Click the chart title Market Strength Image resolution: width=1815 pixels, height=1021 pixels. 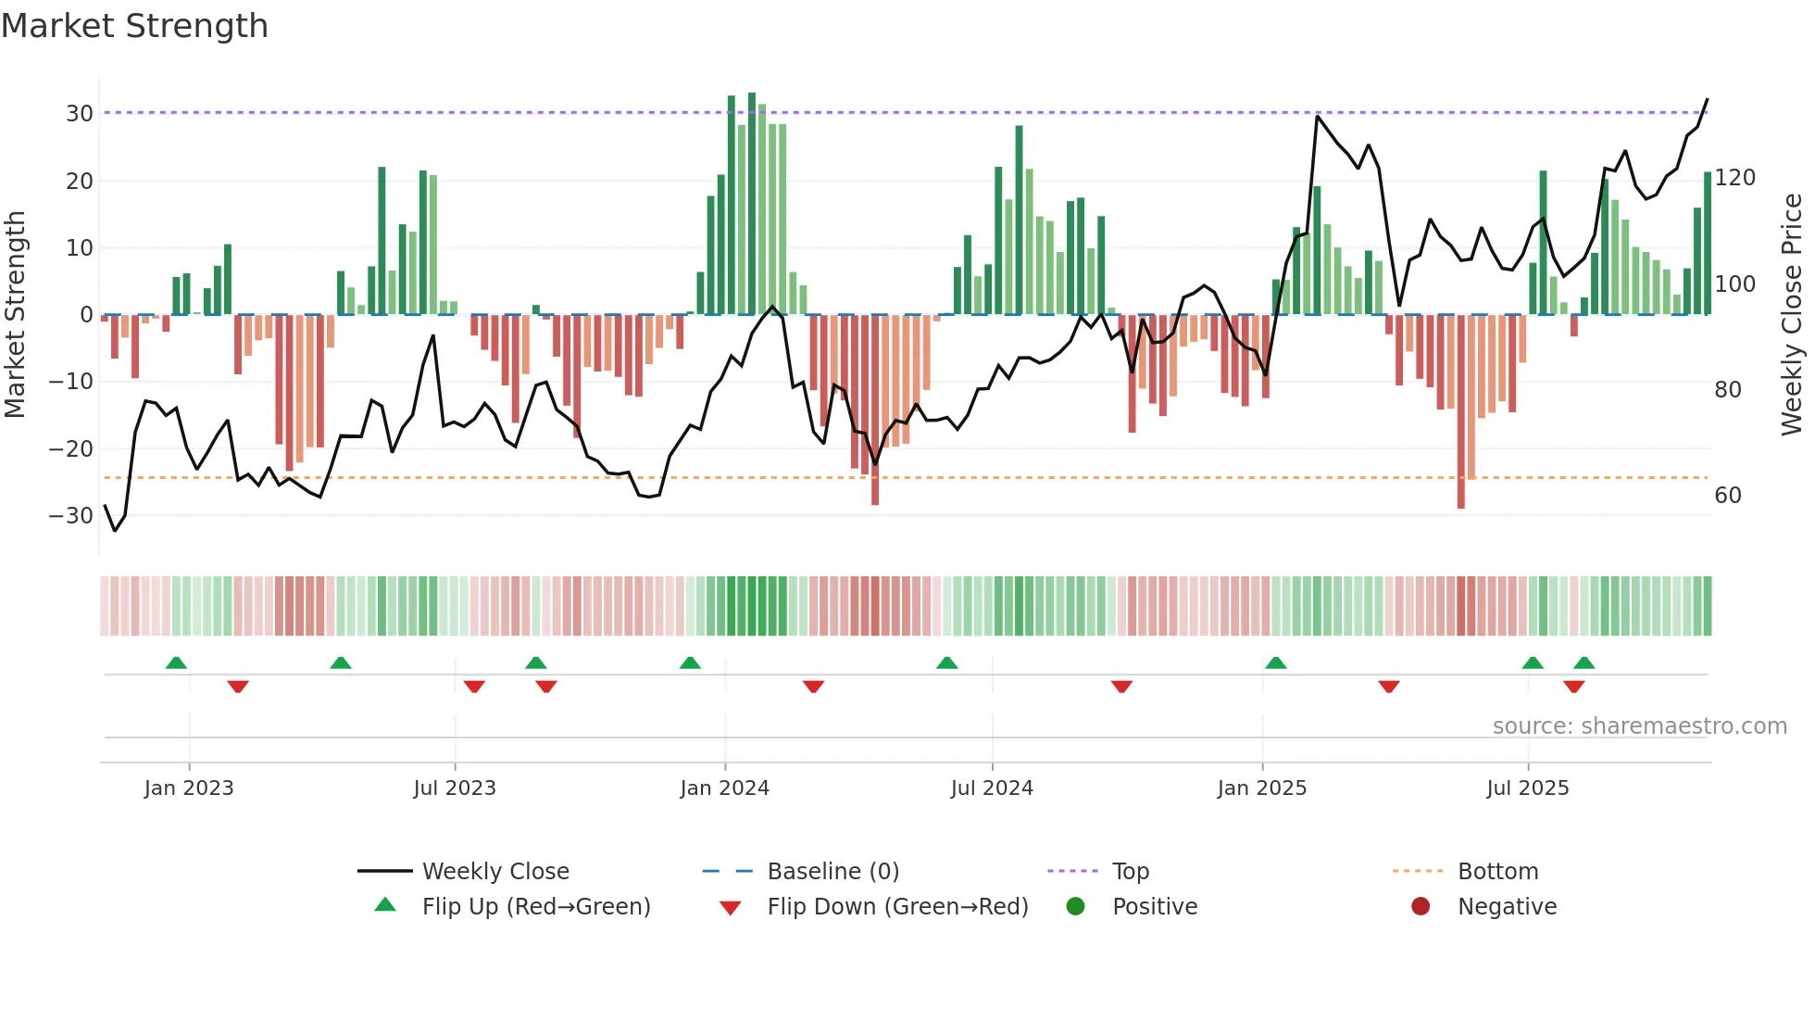tap(134, 26)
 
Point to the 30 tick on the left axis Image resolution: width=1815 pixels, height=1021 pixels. tap(80, 114)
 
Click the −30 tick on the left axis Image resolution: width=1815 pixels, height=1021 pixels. tap(72, 515)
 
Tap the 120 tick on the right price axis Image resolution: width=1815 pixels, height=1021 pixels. tap(1734, 178)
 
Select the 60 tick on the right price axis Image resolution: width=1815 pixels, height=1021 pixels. tap(1727, 496)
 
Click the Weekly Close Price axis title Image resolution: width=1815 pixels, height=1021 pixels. tap(1792, 315)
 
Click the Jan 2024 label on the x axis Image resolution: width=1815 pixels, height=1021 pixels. tap(724, 788)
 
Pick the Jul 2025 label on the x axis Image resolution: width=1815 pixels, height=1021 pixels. tap(1527, 788)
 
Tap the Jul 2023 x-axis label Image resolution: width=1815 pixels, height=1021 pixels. tap(455, 788)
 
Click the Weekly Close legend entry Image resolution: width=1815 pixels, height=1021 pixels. tap(495, 872)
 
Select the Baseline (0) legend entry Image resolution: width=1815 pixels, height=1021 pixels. tap(832, 872)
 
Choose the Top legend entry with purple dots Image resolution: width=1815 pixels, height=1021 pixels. tap(1130, 872)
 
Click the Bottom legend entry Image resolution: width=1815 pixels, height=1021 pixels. tap(1497, 872)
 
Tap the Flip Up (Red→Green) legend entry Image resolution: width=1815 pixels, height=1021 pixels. tap(535, 907)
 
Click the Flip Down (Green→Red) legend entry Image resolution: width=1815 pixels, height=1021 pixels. tap(897, 907)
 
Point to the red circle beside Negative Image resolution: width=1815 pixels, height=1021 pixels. tap(1421, 906)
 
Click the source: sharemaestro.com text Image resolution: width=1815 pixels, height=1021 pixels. tap(1639, 726)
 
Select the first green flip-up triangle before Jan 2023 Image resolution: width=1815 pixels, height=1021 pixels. tap(176, 663)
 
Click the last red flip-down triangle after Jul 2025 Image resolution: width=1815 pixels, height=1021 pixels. tap(1573, 687)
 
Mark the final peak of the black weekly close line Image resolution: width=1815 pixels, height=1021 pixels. tap(1707, 100)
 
